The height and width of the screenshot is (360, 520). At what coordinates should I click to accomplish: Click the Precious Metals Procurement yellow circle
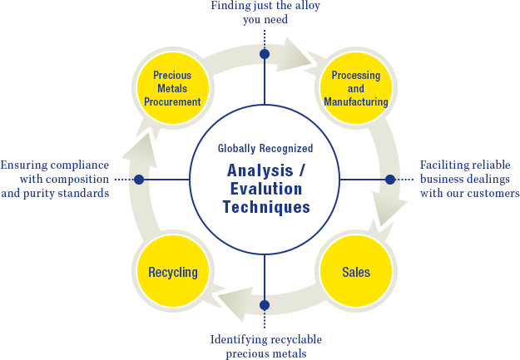(x=177, y=88)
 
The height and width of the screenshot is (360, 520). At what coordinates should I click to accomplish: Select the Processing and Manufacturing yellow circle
(x=355, y=88)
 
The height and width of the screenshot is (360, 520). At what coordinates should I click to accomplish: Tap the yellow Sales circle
(x=355, y=272)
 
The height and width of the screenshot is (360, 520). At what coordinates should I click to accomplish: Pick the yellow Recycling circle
(x=173, y=272)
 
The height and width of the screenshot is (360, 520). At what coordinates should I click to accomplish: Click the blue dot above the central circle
(x=265, y=54)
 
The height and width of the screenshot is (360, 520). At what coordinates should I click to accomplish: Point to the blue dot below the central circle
(x=265, y=304)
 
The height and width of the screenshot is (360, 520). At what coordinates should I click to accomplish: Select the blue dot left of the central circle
(x=139, y=180)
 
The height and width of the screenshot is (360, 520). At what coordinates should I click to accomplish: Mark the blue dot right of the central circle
(x=389, y=180)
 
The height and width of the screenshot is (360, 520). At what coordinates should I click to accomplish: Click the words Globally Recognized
(x=265, y=149)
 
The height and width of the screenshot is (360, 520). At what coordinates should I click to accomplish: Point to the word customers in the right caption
(x=490, y=194)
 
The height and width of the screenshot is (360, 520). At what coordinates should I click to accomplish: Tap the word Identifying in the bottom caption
(x=238, y=339)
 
